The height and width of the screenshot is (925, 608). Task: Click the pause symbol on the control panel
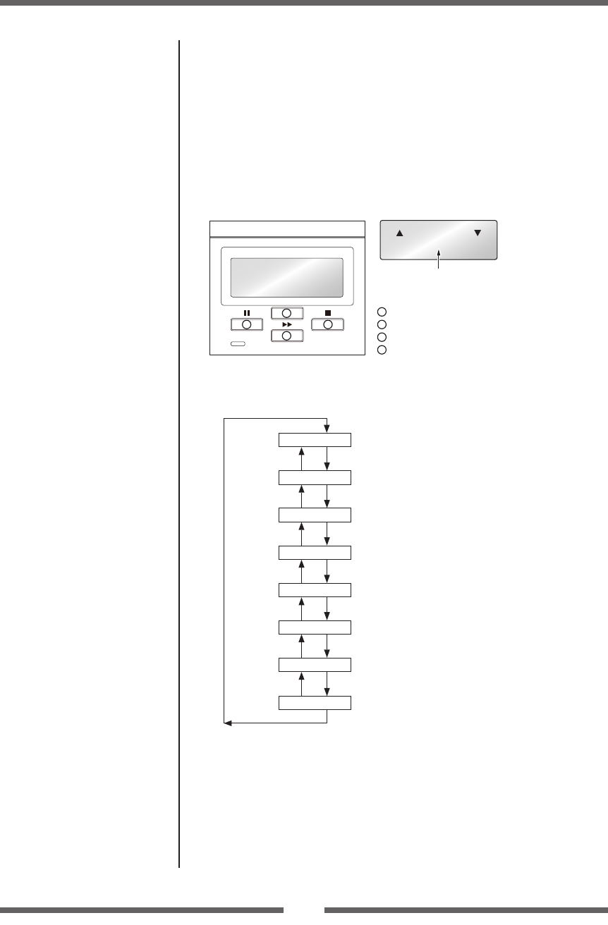click(246, 312)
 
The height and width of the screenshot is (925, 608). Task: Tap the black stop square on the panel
click(327, 312)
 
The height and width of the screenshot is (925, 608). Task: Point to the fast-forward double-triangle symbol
click(286, 325)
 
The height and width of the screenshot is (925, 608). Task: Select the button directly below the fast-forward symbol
click(286, 336)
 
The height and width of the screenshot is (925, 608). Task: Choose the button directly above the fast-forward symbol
click(286, 313)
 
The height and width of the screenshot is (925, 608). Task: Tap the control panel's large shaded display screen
click(287, 277)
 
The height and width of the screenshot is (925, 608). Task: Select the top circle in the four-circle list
click(382, 312)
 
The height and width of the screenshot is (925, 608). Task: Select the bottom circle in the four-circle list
click(382, 350)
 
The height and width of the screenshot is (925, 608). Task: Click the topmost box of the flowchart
click(315, 440)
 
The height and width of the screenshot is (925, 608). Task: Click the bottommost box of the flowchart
click(315, 703)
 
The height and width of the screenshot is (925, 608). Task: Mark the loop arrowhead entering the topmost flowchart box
click(327, 429)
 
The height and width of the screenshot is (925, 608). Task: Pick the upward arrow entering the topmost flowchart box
click(302, 451)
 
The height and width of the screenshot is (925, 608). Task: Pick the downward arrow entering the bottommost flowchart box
click(327, 691)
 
